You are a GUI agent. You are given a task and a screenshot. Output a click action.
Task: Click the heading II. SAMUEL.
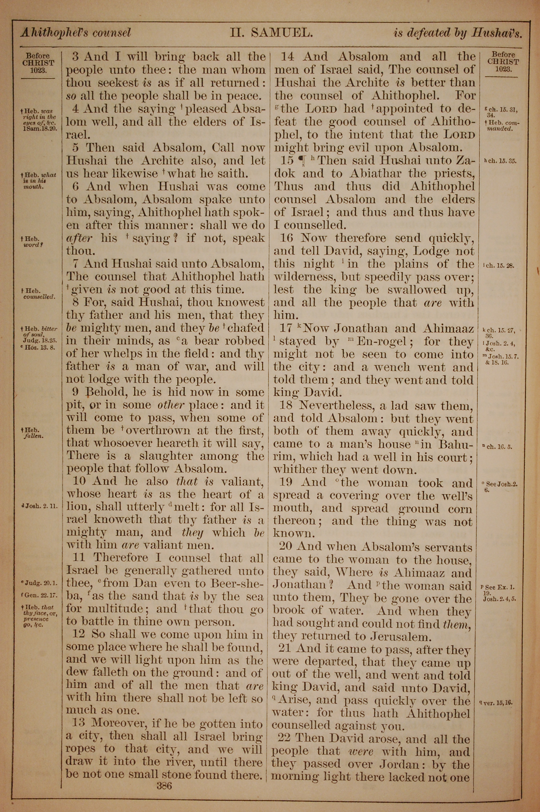click(x=271, y=33)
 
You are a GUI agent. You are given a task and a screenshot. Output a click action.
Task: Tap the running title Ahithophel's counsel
click(x=76, y=33)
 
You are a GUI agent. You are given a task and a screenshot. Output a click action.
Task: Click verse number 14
click(x=290, y=56)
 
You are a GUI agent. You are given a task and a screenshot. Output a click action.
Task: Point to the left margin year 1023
click(x=38, y=70)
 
